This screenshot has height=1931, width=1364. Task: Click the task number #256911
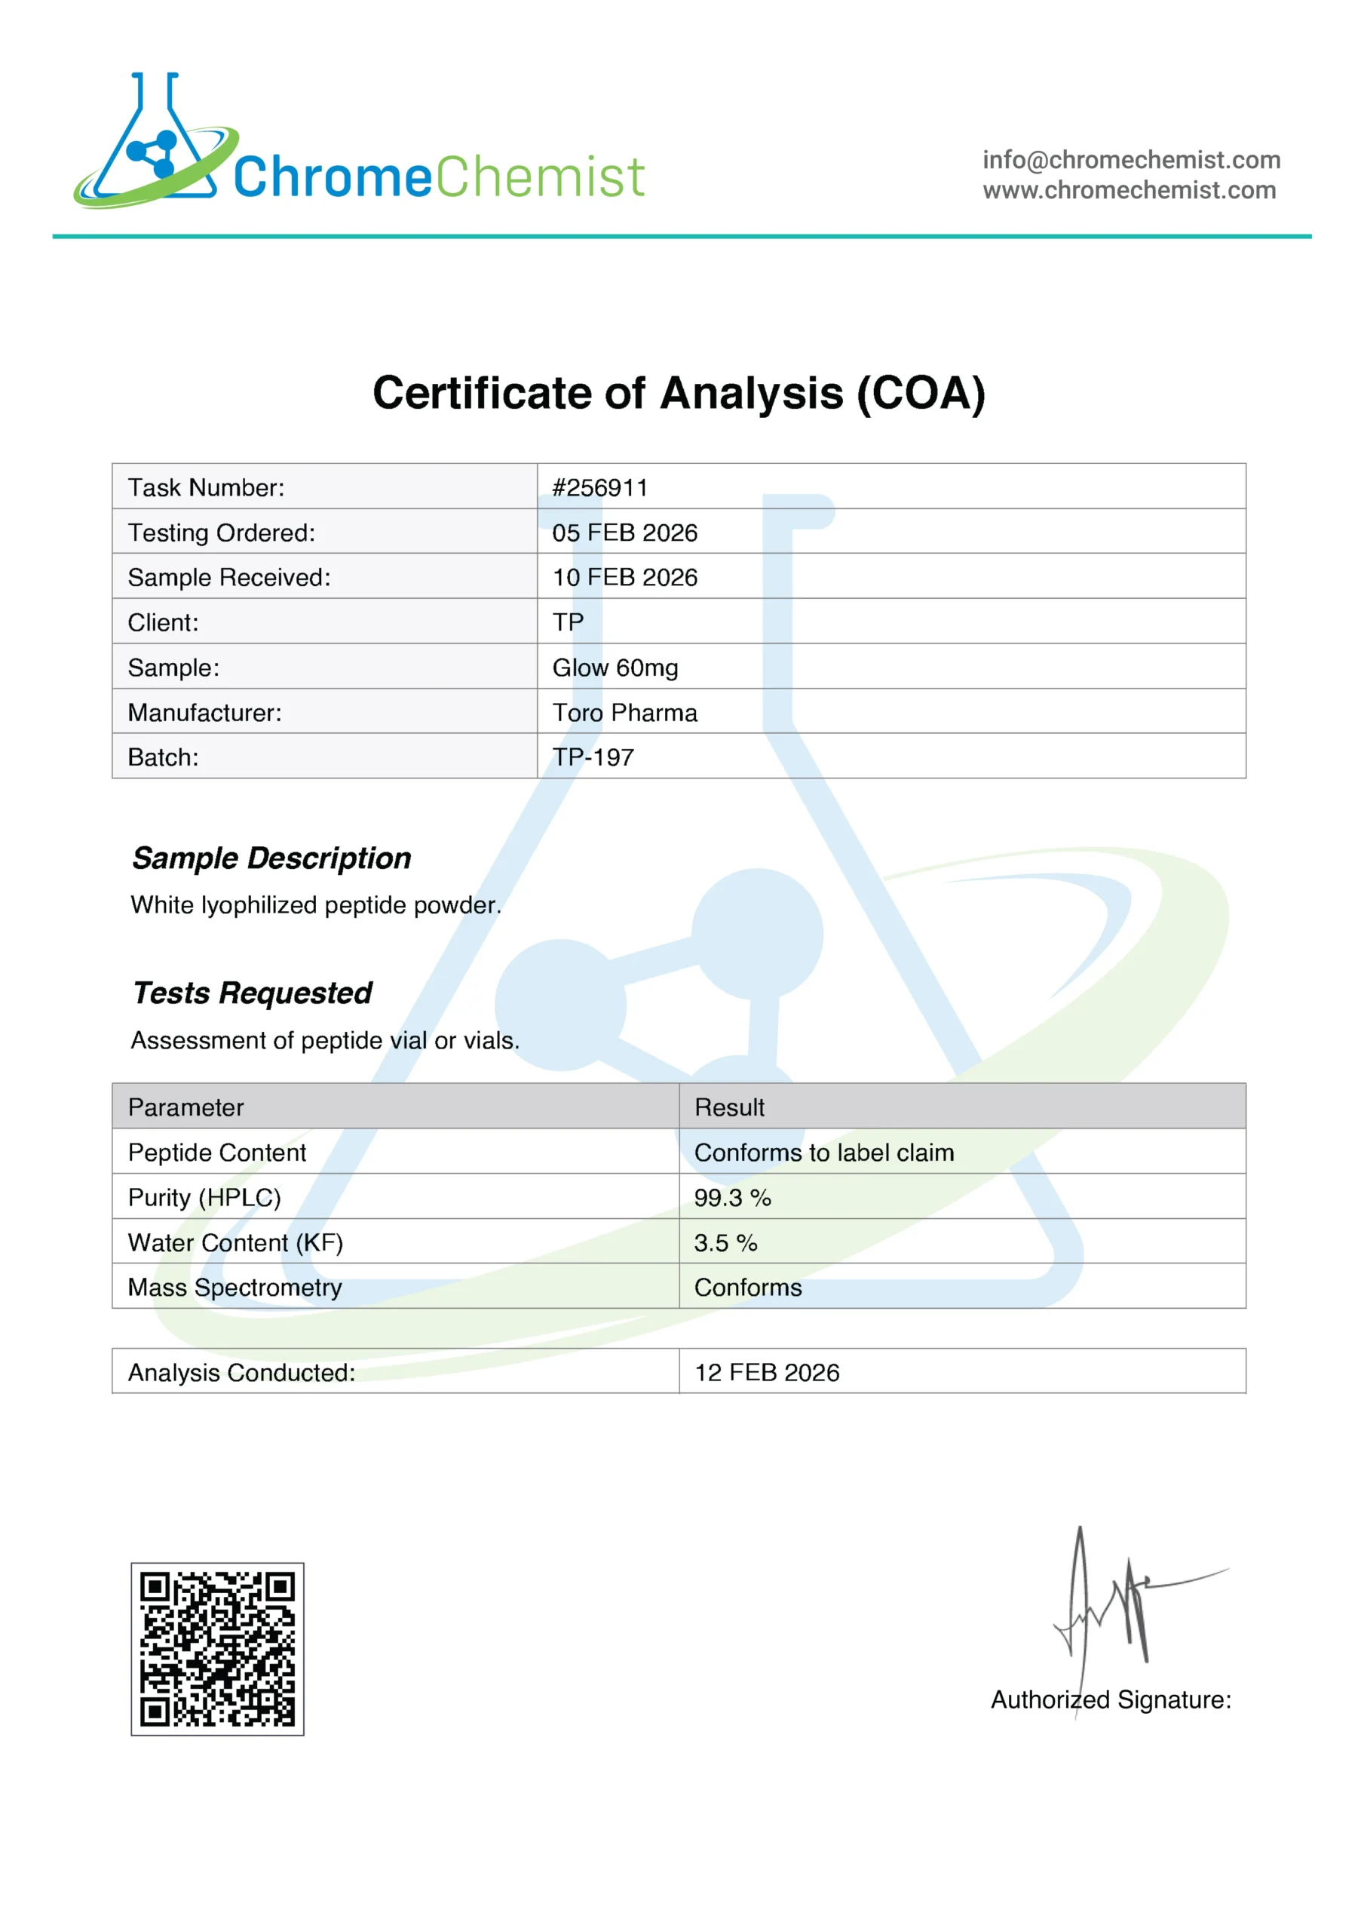tap(599, 488)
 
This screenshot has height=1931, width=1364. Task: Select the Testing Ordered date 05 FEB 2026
tap(625, 533)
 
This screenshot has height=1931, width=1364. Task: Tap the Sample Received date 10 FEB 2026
tap(625, 577)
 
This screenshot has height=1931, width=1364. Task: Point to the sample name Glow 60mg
tap(615, 668)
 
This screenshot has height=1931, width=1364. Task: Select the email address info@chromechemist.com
tap(1131, 160)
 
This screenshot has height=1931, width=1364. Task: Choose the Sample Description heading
tap(271, 858)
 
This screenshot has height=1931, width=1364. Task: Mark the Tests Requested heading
tap(253, 993)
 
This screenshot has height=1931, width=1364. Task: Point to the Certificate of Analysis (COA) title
tap(679, 393)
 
